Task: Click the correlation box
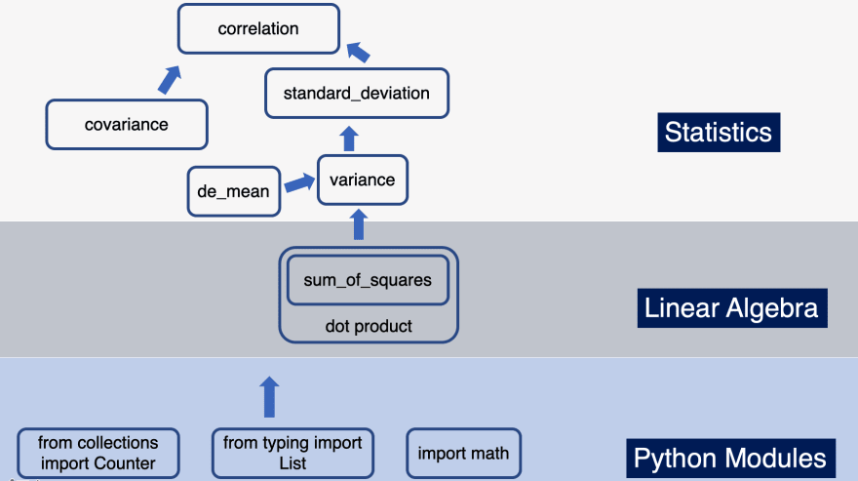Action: [x=258, y=28]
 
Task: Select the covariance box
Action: [x=127, y=124]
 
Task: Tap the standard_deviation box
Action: [x=356, y=94]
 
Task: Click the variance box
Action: [x=362, y=180]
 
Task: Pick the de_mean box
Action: [x=233, y=191]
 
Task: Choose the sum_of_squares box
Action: [x=368, y=280]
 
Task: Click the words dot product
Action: [x=368, y=326]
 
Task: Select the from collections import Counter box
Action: [x=97, y=453]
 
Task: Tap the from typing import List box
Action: [x=292, y=453]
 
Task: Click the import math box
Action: [x=463, y=453]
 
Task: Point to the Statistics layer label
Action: [x=718, y=132]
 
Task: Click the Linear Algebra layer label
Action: [x=731, y=308]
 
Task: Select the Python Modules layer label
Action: [x=730, y=458]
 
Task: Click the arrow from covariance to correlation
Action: [x=170, y=80]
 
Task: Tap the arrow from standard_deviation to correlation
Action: [x=358, y=52]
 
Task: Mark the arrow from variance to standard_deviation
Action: [x=350, y=137]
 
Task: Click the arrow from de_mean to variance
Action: [x=298, y=182]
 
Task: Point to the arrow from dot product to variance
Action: [x=358, y=225]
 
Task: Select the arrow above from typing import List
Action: [x=270, y=397]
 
